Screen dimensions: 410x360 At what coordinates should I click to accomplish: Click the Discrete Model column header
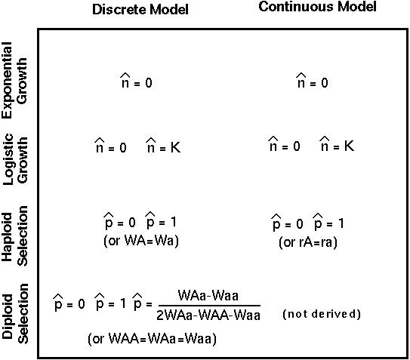coord(140,10)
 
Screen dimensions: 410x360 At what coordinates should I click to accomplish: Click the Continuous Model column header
coord(317,7)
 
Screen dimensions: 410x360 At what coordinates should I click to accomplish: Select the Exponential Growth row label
coord(14,80)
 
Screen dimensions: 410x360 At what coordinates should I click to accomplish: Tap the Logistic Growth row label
coord(15,159)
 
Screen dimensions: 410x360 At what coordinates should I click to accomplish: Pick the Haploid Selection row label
coord(14,236)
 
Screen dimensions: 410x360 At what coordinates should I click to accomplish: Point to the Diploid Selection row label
coord(15,313)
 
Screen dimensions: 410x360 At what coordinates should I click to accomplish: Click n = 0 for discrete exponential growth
coord(137,81)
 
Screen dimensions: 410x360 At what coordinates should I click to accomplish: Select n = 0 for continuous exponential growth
coord(312,81)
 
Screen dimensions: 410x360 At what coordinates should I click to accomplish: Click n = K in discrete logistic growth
coord(163,145)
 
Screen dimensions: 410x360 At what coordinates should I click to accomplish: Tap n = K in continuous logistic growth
coord(337,144)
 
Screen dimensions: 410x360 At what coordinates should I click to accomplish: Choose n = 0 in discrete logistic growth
coord(110,146)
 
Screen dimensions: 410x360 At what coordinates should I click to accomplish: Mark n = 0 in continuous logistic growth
coord(285,144)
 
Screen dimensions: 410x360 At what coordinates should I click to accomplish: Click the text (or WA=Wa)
coord(141,241)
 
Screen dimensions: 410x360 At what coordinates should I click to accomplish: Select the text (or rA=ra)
coord(308,242)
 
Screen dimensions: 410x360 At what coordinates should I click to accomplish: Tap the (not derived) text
coord(322,314)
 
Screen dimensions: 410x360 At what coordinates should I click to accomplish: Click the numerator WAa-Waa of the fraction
coord(208,296)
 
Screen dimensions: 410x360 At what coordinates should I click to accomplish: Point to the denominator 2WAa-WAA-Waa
coord(208,315)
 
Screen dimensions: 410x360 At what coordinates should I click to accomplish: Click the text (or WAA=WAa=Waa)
coord(153,339)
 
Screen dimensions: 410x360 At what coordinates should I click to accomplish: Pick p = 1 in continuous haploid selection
coord(328,222)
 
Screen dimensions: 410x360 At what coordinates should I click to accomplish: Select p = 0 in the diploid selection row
coord(69,303)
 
